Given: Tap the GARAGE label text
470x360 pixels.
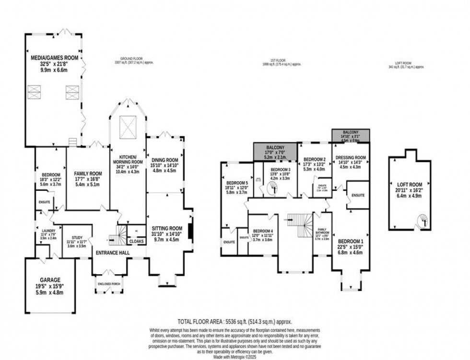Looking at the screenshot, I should point(50,279).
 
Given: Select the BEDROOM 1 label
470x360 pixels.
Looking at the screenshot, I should point(352,241).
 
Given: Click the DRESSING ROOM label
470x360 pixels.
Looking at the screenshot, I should point(351,157).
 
